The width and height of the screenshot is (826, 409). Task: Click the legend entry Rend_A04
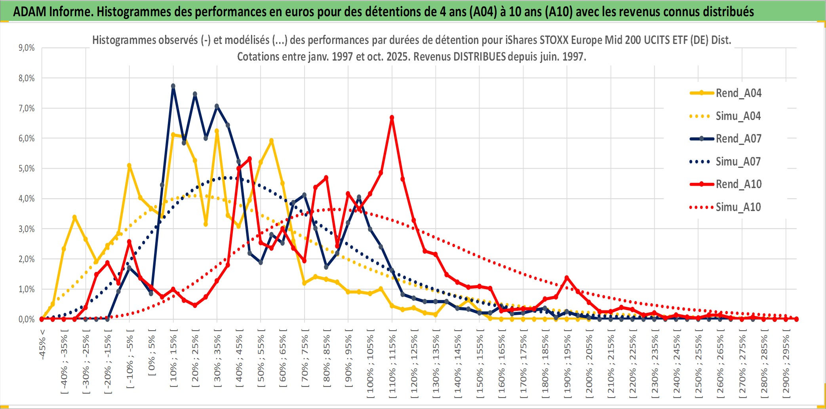(x=738, y=93)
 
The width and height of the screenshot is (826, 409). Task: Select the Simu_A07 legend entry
(x=738, y=162)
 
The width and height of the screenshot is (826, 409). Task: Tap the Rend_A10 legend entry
(x=738, y=184)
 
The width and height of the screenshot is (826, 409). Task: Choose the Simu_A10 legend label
(x=738, y=207)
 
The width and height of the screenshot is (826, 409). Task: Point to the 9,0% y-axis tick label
(x=27, y=48)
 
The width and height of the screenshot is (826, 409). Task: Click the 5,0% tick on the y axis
(x=27, y=169)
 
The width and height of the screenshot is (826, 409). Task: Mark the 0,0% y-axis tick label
(x=27, y=319)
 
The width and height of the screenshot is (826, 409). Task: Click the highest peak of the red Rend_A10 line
(x=392, y=118)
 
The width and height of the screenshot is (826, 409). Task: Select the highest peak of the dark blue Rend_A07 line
(x=173, y=86)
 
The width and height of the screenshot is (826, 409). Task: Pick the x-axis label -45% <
(x=43, y=344)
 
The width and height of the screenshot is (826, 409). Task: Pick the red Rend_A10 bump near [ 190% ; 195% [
(x=567, y=278)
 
